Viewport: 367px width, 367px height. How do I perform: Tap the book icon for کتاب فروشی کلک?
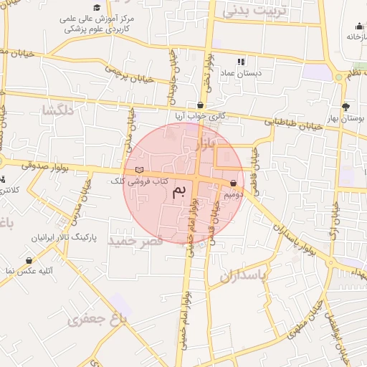click(x=139, y=169)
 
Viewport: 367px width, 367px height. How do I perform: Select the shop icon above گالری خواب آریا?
click(x=201, y=105)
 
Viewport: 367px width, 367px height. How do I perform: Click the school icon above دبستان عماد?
click(x=241, y=62)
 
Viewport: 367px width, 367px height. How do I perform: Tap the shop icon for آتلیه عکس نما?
click(x=29, y=260)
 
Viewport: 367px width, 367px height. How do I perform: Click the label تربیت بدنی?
click(x=254, y=10)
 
